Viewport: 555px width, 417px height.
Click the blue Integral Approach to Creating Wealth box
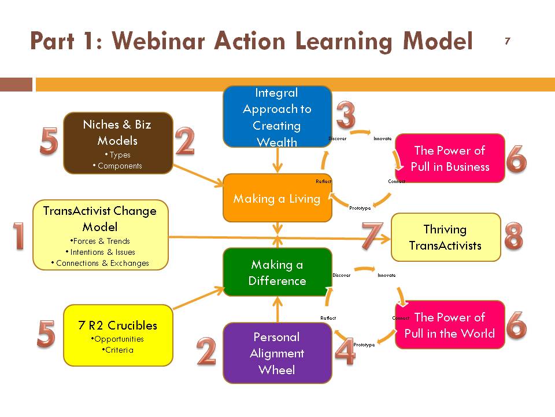coord(277,116)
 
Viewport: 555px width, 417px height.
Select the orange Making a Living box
coord(277,198)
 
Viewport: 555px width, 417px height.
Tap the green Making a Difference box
coord(277,272)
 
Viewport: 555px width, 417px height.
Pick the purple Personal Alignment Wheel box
coord(277,353)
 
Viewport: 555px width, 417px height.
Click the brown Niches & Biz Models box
coord(118,143)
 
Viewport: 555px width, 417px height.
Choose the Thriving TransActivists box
coord(446,237)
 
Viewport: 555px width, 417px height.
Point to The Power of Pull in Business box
coord(450,158)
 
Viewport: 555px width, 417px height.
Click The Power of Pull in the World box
coord(450,325)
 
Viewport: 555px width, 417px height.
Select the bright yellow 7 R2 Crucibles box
coord(118,335)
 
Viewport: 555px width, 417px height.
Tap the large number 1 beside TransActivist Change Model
coord(18,236)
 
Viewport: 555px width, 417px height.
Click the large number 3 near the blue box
coord(346,115)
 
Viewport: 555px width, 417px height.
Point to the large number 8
coord(513,236)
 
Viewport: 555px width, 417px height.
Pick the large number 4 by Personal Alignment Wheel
coord(345,351)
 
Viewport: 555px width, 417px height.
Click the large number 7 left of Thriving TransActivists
coord(372,236)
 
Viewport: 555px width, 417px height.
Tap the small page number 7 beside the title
coord(507,41)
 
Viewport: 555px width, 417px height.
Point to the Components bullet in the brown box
coord(117,166)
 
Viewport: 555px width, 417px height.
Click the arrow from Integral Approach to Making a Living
coord(277,160)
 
